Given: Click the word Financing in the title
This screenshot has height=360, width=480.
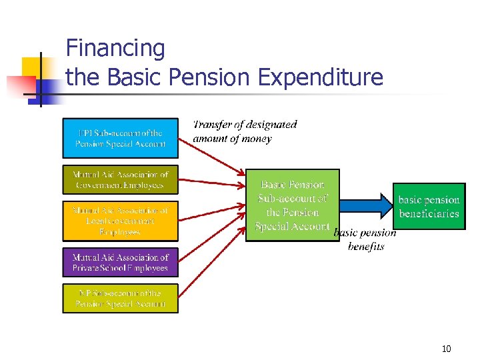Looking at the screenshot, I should pyautogui.click(x=115, y=49).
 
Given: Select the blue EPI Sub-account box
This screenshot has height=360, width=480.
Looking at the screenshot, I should pyautogui.click(x=120, y=139).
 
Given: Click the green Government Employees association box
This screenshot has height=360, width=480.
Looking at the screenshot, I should pyautogui.click(x=120, y=180).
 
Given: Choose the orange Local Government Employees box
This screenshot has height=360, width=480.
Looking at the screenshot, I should pyautogui.click(x=120, y=221).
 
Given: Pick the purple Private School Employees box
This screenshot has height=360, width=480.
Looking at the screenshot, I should pyautogui.click(x=120, y=263).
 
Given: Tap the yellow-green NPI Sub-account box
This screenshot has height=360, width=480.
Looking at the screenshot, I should pyautogui.click(x=120, y=299).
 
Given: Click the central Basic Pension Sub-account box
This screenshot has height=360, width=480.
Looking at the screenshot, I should pyautogui.click(x=292, y=205).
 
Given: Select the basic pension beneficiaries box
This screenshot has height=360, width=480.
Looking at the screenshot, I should pyautogui.click(x=429, y=206).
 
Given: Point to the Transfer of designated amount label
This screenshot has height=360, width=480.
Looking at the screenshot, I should pyautogui.click(x=245, y=131).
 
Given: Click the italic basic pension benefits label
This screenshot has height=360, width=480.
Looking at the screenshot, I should pyautogui.click(x=365, y=239).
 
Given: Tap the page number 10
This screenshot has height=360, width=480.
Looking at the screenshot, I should pyautogui.click(x=446, y=349).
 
